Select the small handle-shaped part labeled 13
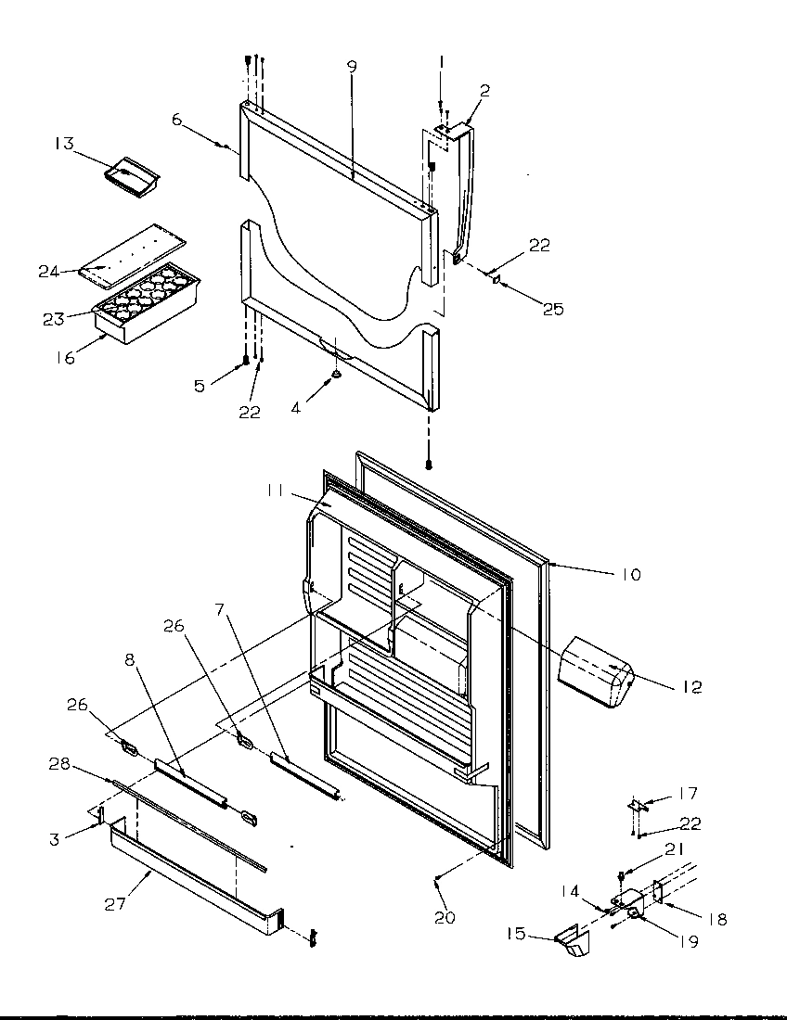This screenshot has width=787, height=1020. point(131,176)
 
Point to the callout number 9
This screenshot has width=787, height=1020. point(352,67)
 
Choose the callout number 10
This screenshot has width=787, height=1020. point(630,575)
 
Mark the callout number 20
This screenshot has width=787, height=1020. point(445,918)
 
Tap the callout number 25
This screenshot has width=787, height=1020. point(552,310)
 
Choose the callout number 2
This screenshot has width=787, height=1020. point(484,91)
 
